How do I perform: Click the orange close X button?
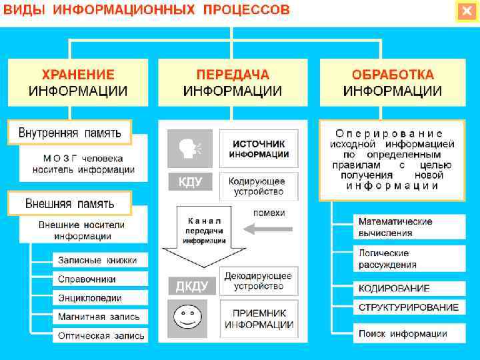coord(466,12)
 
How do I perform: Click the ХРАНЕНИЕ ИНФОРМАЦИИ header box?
coord(78,83)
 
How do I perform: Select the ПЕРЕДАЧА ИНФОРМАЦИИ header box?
coord(232,83)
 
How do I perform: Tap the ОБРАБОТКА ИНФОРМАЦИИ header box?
coord(393,83)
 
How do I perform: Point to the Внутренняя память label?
coord(69,132)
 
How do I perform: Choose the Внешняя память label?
coord(69,203)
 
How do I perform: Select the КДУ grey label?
coord(189,181)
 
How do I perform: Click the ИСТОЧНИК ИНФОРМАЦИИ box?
coord(259,149)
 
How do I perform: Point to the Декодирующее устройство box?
coord(259,281)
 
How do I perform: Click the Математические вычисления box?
coord(407,227)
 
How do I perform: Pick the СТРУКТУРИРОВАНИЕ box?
coord(409,307)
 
